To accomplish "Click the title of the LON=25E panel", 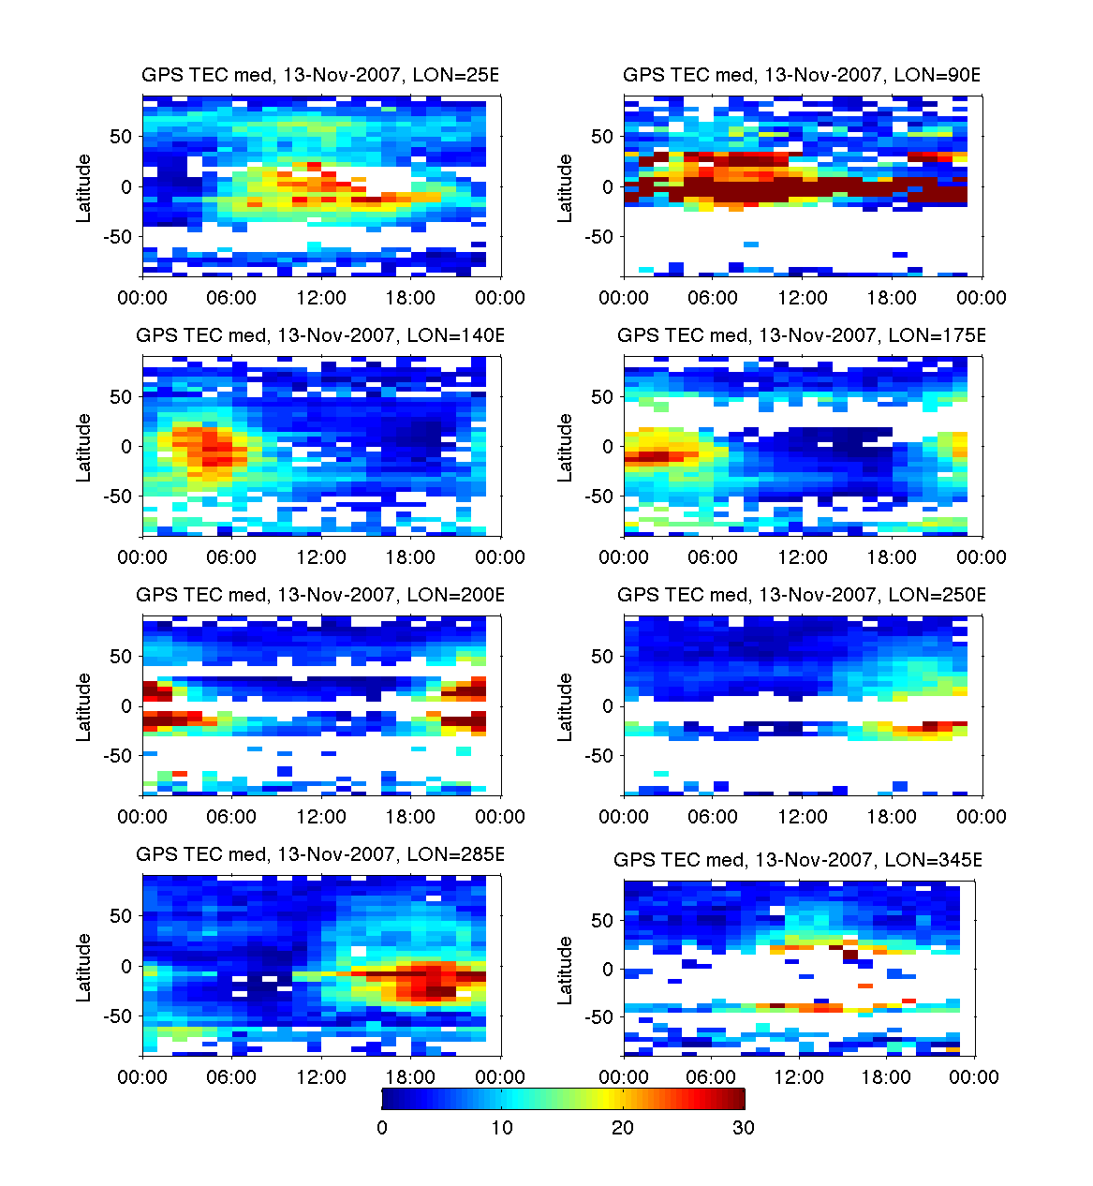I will (x=320, y=76).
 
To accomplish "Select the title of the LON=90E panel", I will (x=802, y=76).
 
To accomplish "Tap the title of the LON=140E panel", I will (x=320, y=335).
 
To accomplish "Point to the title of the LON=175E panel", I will (x=802, y=335).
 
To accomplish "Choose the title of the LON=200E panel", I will (x=320, y=595).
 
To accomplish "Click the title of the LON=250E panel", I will (x=802, y=595).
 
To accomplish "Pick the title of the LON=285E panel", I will (x=320, y=854).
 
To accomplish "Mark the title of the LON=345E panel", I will (x=798, y=860).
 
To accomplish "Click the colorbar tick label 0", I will (x=382, y=1128).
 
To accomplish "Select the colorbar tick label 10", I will (x=502, y=1128).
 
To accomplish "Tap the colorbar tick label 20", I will (x=623, y=1128).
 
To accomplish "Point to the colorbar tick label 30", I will (x=744, y=1128).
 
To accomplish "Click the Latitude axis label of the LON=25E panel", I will (x=84, y=188).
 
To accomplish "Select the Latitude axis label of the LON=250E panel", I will (x=566, y=707).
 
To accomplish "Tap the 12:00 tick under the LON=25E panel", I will (x=321, y=298).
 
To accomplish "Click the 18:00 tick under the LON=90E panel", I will (x=892, y=298).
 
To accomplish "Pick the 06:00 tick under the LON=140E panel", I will (x=231, y=557).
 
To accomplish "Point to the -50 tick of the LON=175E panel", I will (x=598, y=497).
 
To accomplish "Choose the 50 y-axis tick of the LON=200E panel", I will (x=121, y=657).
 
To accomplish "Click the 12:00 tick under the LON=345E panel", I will (x=798, y=1077).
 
